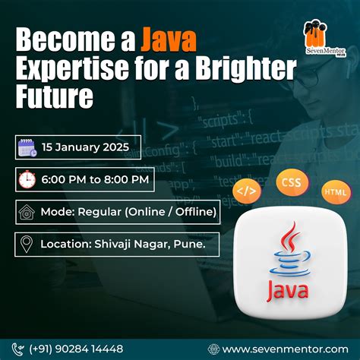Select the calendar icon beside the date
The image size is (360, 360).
tap(27, 145)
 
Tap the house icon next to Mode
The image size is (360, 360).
tap(27, 210)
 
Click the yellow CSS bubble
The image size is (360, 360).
tap(290, 182)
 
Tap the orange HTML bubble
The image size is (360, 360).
tap(335, 191)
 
